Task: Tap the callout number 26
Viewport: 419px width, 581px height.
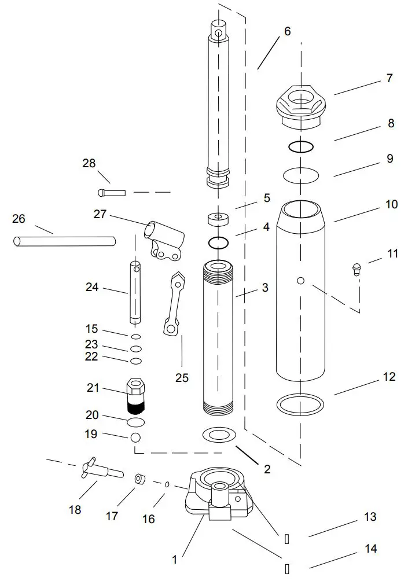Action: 19,219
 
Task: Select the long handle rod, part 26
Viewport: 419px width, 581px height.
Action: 64,240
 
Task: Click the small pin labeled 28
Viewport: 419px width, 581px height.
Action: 111,192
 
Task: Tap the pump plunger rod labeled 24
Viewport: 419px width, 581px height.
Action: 136,293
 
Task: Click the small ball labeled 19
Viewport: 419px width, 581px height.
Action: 135,437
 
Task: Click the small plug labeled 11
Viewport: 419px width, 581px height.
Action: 357,267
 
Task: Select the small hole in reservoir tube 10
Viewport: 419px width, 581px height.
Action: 300,281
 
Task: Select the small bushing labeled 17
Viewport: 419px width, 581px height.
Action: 139,479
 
